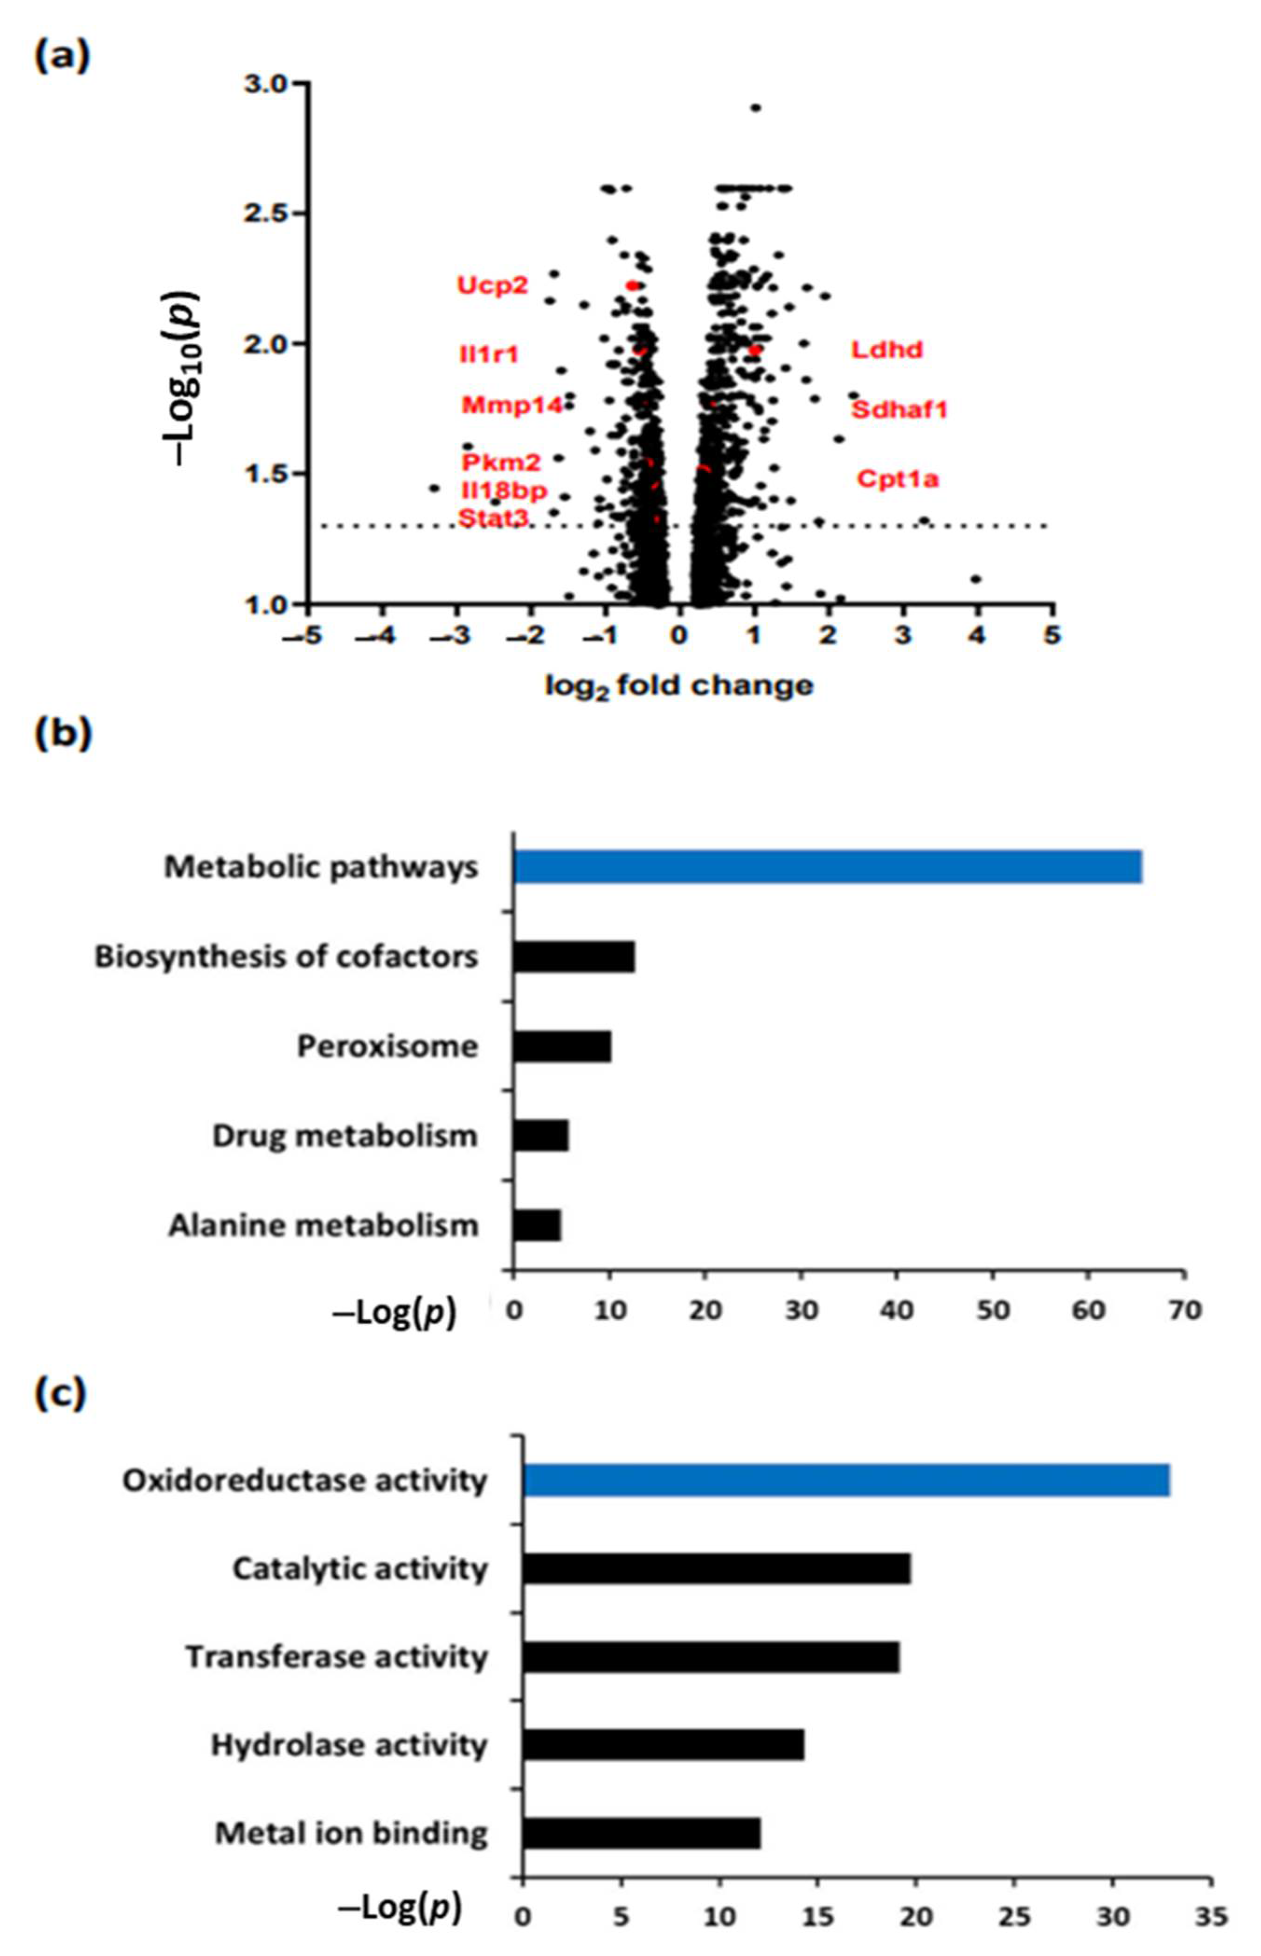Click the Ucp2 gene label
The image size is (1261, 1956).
[492, 286]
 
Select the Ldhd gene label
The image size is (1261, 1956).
[887, 350]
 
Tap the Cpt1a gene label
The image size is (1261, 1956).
[897, 479]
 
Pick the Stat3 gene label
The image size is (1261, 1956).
[493, 518]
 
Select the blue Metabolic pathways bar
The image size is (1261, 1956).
[827, 867]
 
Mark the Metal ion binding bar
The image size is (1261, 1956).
[641, 1832]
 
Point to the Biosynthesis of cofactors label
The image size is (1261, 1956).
[286, 957]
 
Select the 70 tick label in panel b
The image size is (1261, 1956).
[1184, 1310]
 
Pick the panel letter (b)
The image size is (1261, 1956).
[62, 733]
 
